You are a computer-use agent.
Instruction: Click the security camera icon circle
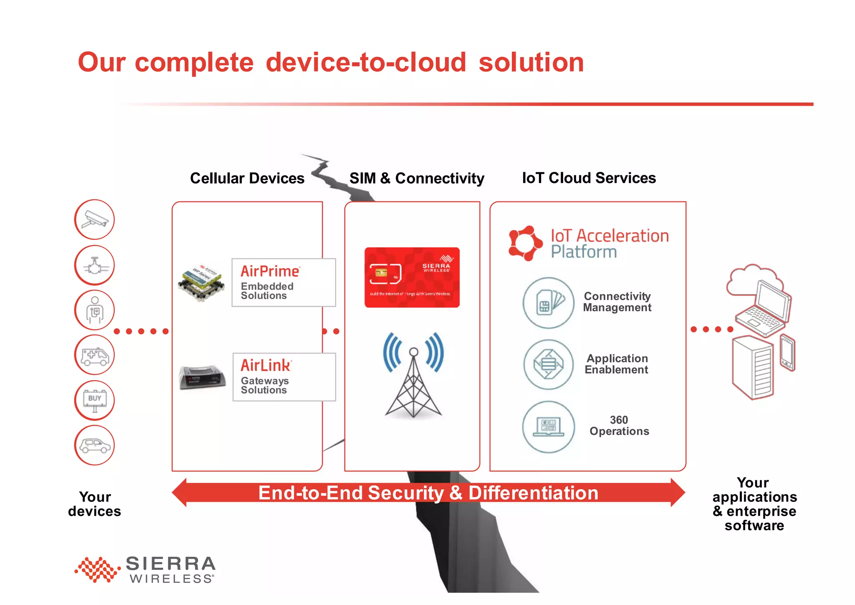coord(94,220)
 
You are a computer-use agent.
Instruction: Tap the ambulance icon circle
coord(94,355)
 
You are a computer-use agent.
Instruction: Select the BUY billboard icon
coord(94,400)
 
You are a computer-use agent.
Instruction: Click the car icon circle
coord(94,445)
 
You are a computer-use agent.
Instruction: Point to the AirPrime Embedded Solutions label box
coord(283,283)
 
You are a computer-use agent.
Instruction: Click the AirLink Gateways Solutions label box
coord(284,377)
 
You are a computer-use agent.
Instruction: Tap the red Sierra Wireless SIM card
coord(412,277)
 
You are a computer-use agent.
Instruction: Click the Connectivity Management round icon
coord(548,303)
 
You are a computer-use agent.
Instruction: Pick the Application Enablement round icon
coord(548,364)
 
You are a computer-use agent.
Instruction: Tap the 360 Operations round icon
coord(548,427)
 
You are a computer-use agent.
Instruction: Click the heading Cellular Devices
coord(247,178)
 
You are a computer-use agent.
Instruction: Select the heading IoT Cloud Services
coord(589,178)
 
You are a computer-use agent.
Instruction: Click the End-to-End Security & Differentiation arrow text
coord(428,493)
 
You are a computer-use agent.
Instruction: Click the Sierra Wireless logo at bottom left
coord(145,569)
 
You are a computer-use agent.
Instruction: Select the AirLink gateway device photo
coord(202,377)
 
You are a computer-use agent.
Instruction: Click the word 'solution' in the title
coord(531,63)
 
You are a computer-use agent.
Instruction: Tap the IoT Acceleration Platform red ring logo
coord(525,243)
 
